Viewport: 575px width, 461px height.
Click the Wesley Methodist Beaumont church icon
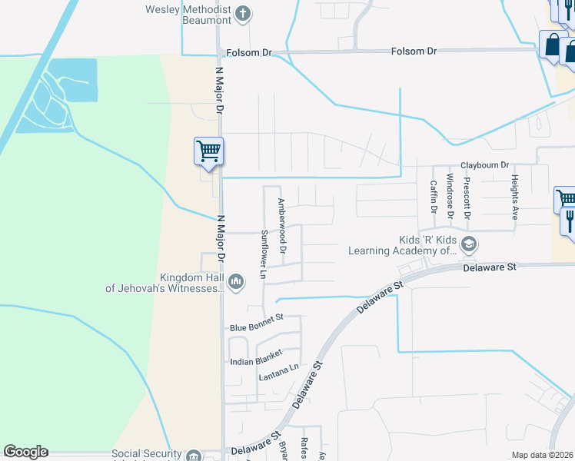[x=243, y=13]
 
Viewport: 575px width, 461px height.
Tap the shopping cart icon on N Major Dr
[x=208, y=151]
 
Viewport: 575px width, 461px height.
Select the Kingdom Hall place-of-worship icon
[x=236, y=283]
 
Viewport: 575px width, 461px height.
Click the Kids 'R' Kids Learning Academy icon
[x=469, y=245]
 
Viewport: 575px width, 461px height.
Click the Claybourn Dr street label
[x=484, y=165]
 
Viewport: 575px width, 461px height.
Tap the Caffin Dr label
[x=434, y=197]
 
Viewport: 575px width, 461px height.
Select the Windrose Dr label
[x=450, y=197]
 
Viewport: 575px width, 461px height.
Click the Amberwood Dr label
[x=282, y=227]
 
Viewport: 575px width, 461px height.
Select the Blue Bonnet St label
[x=257, y=328]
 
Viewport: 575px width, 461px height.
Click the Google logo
[x=25, y=452]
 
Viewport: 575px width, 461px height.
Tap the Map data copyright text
[x=542, y=455]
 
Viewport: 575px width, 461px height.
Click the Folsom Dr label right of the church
[x=414, y=51]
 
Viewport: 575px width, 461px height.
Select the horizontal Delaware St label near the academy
[x=489, y=267]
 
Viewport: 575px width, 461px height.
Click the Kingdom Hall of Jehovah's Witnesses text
[x=165, y=284]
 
